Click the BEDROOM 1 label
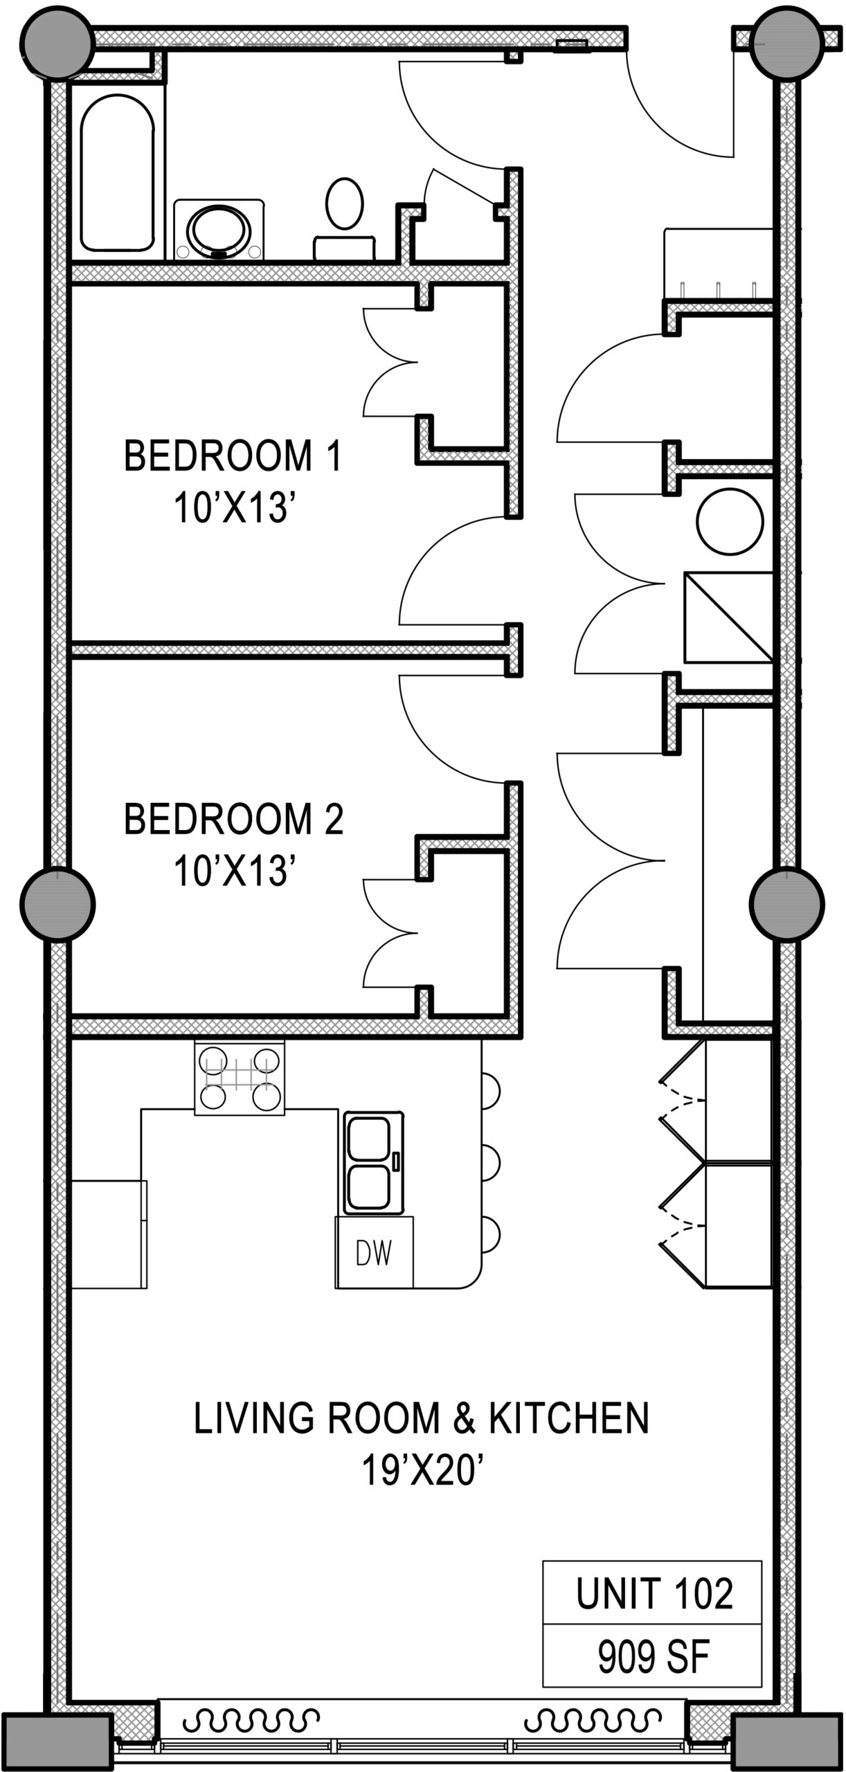(233, 456)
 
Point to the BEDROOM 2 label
(233, 819)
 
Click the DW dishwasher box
(374, 1252)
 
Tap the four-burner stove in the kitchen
(240, 1078)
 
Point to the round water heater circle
(730, 521)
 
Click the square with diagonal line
(728, 617)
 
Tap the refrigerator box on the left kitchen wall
(109, 1234)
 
